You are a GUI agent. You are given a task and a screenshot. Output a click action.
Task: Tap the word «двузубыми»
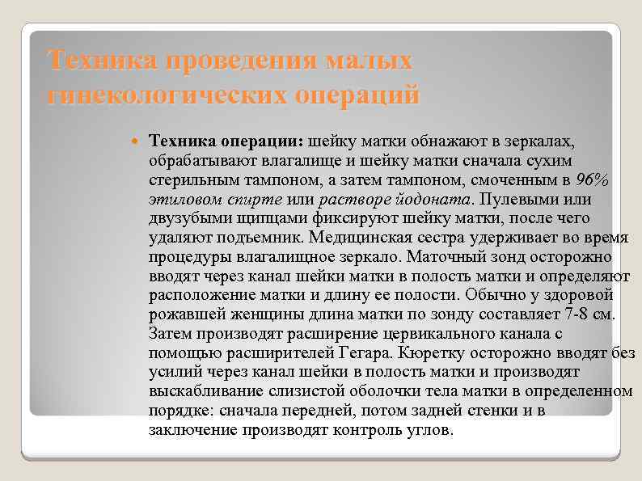coord(188,218)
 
